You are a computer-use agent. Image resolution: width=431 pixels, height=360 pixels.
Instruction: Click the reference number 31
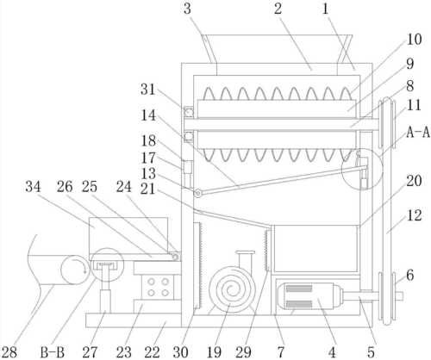pyautogui.click(x=148, y=90)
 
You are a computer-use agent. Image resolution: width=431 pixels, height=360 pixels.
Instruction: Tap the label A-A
pyautogui.click(x=418, y=133)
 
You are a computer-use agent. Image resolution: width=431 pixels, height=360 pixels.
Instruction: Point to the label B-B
pyautogui.click(x=52, y=352)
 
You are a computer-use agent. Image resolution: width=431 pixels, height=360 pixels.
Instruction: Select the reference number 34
pyautogui.click(x=33, y=187)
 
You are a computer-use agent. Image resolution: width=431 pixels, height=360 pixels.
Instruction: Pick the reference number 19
pyautogui.click(x=214, y=352)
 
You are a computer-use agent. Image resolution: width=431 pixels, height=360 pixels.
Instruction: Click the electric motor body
pyautogui.click(x=308, y=296)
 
